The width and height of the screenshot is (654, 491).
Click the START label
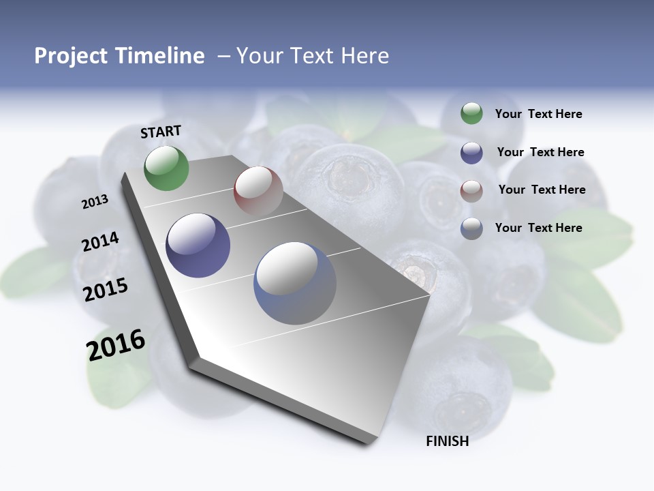pos(161,132)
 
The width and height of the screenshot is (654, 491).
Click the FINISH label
pos(447,441)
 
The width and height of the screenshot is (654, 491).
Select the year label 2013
pos(95,202)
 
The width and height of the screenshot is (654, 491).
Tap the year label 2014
pos(100,242)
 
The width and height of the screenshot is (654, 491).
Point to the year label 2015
pos(105,290)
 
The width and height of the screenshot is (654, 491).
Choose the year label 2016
pos(116,345)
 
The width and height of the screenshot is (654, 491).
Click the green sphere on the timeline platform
pos(166,168)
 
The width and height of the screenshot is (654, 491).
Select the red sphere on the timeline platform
pos(258,190)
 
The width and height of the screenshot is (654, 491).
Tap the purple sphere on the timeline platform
pos(198,245)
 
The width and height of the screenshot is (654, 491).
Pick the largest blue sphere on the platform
pos(294,283)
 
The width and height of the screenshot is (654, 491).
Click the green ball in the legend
pos(471,114)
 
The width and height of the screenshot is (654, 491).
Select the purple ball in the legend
pos(471,153)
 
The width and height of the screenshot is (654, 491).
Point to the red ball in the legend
pos(471,190)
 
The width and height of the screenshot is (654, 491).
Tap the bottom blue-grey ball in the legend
pos(471,228)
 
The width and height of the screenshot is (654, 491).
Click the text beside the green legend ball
pos(538,115)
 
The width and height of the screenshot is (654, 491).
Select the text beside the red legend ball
pos(542,190)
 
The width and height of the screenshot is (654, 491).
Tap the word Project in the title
pos(71,56)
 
